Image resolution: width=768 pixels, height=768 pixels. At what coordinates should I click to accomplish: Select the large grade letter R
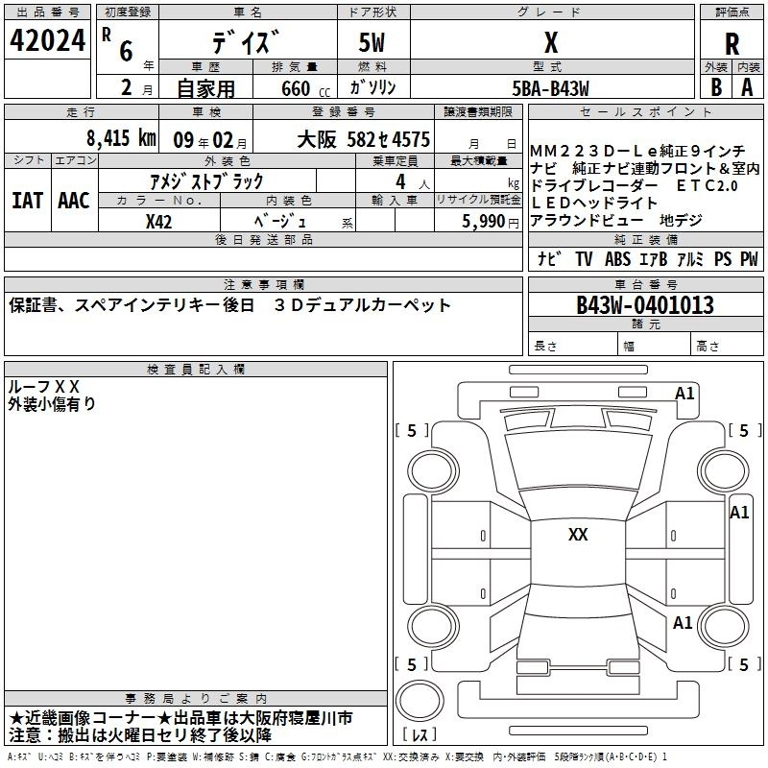[x=732, y=44]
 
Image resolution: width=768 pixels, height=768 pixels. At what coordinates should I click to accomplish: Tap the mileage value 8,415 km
[x=121, y=137]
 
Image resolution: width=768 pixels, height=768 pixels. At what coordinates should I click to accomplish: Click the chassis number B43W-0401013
[x=645, y=306]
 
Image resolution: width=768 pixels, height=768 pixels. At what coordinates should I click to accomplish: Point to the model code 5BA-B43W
[x=550, y=88]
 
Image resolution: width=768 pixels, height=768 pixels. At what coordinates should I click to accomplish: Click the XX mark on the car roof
[x=578, y=535]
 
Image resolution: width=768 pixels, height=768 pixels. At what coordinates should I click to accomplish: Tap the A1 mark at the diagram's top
[x=684, y=394]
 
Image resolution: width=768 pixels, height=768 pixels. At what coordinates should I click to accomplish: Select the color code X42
[x=159, y=220]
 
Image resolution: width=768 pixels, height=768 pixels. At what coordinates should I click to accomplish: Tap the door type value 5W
[x=373, y=44]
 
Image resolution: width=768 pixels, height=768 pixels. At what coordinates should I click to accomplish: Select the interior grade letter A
[x=747, y=87]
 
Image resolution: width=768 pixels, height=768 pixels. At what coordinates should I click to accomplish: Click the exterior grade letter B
[x=715, y=87]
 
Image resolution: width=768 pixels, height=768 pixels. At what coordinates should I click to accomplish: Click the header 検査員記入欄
[x=196, y=369]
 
